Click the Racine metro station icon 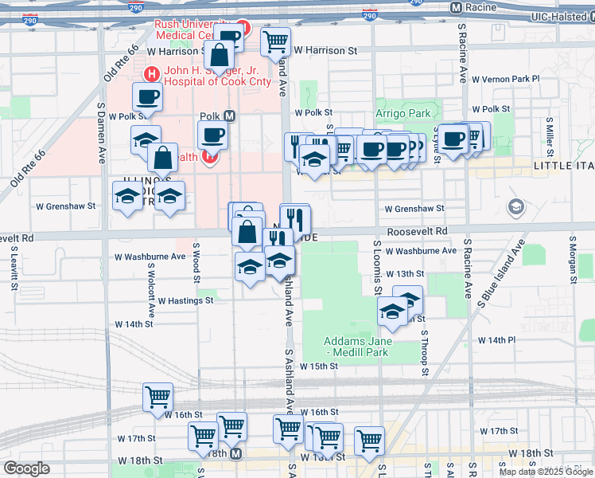click(x=456, y=8)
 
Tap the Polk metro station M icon click(x=229, y=116)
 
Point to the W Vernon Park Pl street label click(x=505, y=79)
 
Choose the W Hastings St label click(x=185, y=301)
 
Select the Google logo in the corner click(x=26, y=468)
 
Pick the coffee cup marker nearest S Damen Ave click(x=146, y=98)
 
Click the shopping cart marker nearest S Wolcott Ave click(x=157, y=397)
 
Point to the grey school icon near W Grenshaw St click(x=515, y=208)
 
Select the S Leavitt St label click(x=14, y=262)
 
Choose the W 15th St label click(x=319, y=366)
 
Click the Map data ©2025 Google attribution click(x=546, y=472)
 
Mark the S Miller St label click(x=549, y=131)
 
